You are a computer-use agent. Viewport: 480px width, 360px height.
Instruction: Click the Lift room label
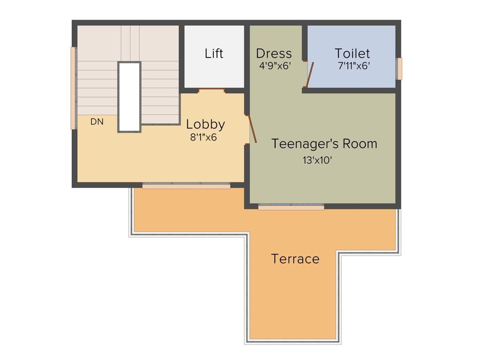pyautogui.click(x=214, y=53)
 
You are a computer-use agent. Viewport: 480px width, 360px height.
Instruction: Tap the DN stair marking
pyautogui.click(x=97, y=122)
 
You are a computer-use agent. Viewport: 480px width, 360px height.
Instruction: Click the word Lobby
pyautogui.click(x=205, y=125)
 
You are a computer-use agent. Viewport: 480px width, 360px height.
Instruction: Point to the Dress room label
pyautogui.click(x=274, y=53)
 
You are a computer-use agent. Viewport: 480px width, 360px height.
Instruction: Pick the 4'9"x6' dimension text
pyautogui.click(x=276, y=66)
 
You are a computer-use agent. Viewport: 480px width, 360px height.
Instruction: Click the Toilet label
pyautogui.click(x=352, y=53)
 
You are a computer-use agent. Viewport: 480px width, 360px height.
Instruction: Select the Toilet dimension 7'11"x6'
pyautogui.click(x=354, y=66)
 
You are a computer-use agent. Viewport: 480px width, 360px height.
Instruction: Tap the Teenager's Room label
pyautogui.click(x=324, y=143)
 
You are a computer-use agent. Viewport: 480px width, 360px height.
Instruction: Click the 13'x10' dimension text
pyautogui.click(x=317, y=160)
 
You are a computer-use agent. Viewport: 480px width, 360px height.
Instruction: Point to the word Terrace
pyautogui.click(x=295, y=259)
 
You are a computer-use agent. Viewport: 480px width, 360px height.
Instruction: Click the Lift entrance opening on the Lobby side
pyautogui.click(x=212, y=90)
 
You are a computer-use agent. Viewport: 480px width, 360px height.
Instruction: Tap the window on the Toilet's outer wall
pyautogui.click(x=399, y=68)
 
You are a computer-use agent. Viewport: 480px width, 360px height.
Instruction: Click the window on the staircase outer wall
pyautogui.click(x=73, y=88)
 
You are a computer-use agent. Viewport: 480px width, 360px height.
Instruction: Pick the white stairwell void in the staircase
pyautogui.click(x=129, y=97)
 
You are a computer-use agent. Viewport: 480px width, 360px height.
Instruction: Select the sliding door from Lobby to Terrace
pyautogui.click(x=186, y=186)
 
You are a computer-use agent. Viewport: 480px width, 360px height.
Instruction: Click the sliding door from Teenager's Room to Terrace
pyautogui.click(x=291, y=207)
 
